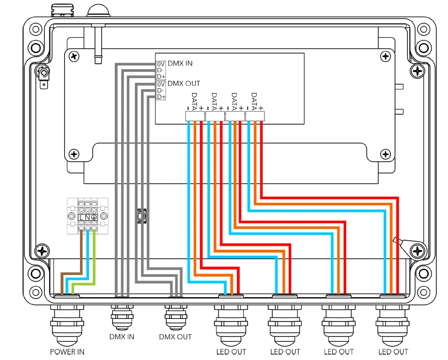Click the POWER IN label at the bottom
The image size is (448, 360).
pyautogui.click(x=67, y=351)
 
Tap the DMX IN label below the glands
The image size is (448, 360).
pyautogui.click(x=122, y=337)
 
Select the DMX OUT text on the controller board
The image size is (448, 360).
pyautogui.click(x=184, y=84)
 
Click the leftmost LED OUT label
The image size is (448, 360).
pyautogui.click(x=231, y=351)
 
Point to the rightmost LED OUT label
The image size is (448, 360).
pyautogui.click(x=393, y=351)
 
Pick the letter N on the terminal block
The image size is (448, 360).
pyautogui.click(x=87, y=217)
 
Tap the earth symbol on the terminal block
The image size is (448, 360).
pyautogui.click(x=94, y=217)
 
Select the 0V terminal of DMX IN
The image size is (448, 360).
pyautogui.click(x=161, y=64)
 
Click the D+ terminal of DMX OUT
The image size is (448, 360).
pyautogui.click(x=161, y=97)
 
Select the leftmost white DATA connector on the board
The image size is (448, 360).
pyautogui.click(x=195, y=117)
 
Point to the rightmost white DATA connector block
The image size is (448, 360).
pyautogui.click(x=255, y=117)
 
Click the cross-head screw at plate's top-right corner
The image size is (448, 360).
pyautogui.click(x=385, y=56)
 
